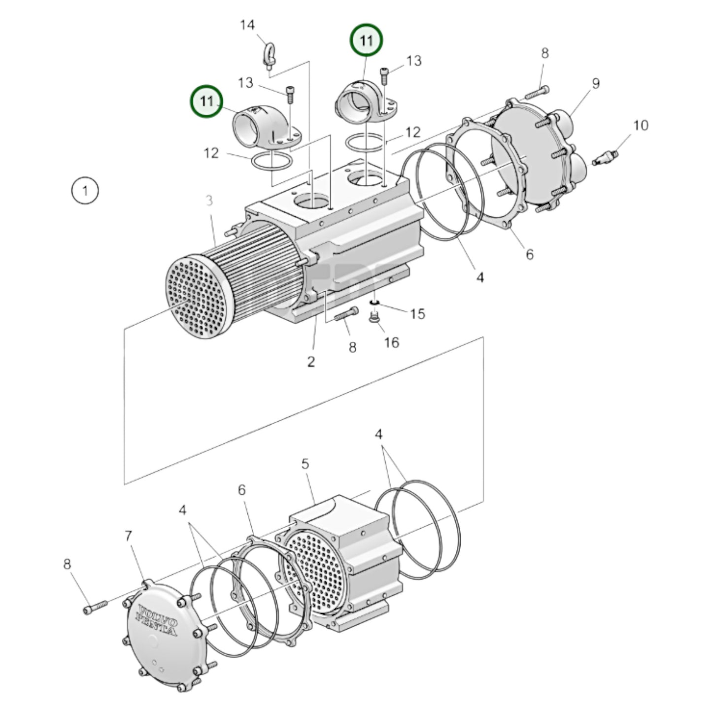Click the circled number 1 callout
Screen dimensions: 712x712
pyautogui.click(x=85, y=191)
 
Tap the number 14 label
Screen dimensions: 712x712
pyautogui.click(x=247, y=25)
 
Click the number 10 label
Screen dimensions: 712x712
pyautogui.click(x=640, y=126)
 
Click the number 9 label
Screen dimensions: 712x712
pyautogui.click(x=596, y=84)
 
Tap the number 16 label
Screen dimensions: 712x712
pyautogui.click(x=392, y=342)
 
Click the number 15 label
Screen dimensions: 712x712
pyautogui.click(x=417, y=313)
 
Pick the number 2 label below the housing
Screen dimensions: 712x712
pyautogui.click(x=311, y=362)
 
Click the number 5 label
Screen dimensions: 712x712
pyautogui.click(x=305, y=464)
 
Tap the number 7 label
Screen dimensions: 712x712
pyautogui.click(x=129, y=536)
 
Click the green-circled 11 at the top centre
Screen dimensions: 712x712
pyautogui.click(x=366, y=40)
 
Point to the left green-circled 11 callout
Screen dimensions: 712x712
pyautogui.click(x=206, y=102)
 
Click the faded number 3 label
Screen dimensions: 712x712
pyautogui.click(x=209, y=201)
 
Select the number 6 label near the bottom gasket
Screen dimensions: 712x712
pyautogui.click(x=241, y=490)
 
